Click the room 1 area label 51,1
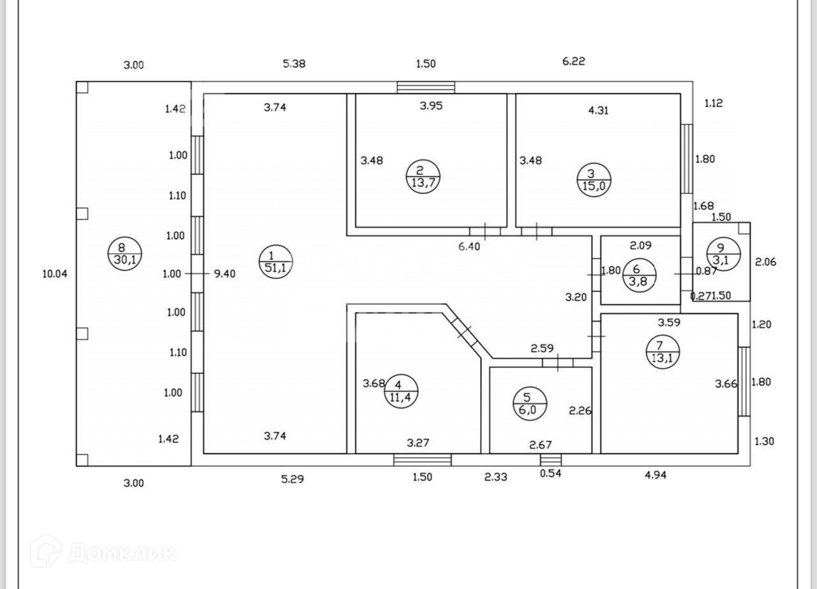pos(275,262)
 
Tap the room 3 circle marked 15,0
pos(594,179)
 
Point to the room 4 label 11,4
pos(401,391)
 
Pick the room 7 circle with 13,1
pos(663,352)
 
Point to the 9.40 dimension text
pos(224,274)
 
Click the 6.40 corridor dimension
pos(469,246)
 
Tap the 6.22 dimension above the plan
pos(573,61)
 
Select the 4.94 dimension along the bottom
pos(656,475)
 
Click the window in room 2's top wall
pos(426,87)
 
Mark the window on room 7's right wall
pos(744,381)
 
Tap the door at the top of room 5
pos(557,363)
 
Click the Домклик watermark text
pos(121,553)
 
